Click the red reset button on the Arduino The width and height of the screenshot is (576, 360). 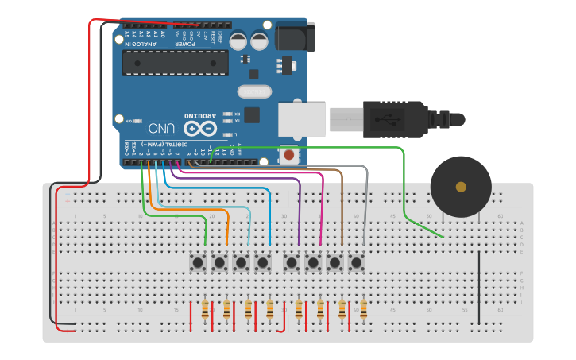(290, 155)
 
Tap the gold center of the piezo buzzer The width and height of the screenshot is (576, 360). (461, 187)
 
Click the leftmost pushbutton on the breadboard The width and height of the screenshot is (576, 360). (198, 262)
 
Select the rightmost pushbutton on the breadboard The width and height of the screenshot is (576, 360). (356, 262)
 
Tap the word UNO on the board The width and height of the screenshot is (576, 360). (163, 127)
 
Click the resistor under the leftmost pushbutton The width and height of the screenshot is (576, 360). (206, 310)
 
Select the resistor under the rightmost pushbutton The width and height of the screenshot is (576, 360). (364, 310)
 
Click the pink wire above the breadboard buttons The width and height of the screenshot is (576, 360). (322, 207)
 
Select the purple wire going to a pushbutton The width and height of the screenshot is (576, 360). (299, 207)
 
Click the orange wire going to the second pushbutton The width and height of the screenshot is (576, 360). (228, 223)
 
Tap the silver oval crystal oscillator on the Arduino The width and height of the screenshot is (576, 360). (260, 91)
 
